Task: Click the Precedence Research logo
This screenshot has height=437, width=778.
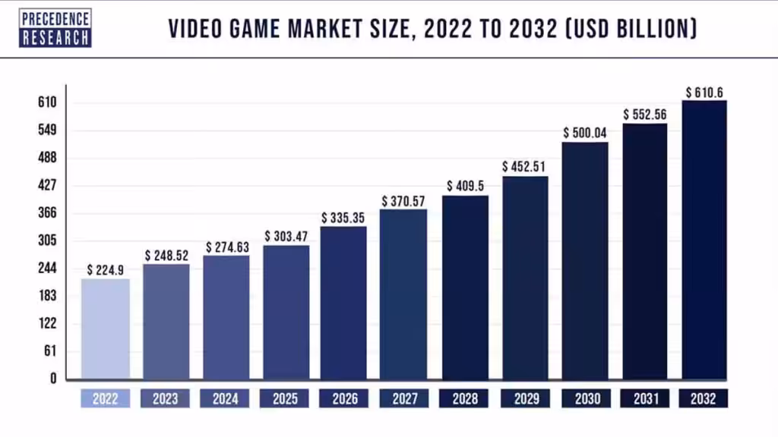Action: coord(55,28)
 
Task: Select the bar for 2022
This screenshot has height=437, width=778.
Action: coord(106,328)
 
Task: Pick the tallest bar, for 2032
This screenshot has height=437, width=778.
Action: coord(704,239)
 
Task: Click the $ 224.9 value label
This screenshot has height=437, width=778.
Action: coord(106,269)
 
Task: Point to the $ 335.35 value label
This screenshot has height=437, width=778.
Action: coord(343,218)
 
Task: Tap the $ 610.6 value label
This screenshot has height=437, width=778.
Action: coord(704,93)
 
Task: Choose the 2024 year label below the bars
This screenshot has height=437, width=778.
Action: coord(225,398)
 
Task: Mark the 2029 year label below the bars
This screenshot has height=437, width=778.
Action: coord(525,398)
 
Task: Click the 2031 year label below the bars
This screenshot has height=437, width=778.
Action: coord(645,398)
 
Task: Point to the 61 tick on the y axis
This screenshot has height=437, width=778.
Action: coord(49,351)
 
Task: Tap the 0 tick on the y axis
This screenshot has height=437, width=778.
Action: coord(53,378)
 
